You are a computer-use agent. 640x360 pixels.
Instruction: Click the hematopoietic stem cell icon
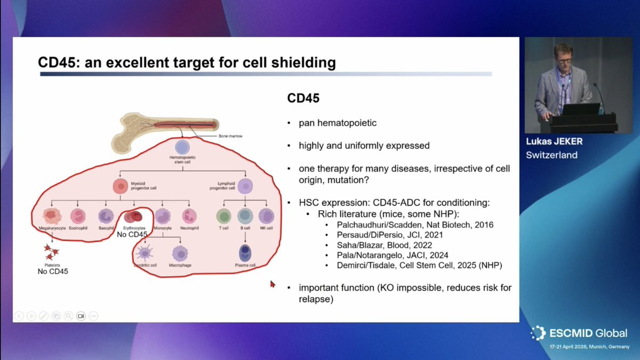[x=182, y=148]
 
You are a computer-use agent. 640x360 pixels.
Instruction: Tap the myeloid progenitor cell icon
[x=120, y=186]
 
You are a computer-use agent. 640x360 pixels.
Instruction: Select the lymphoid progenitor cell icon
[x=245, y=186]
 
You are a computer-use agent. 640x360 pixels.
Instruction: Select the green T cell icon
[x=223, y=216]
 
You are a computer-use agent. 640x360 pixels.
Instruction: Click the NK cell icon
[x=266, y=216]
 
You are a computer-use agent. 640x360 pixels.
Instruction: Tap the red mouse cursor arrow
[x=273, y=284]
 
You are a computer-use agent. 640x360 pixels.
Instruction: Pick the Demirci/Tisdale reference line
[x=419, y=265]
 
